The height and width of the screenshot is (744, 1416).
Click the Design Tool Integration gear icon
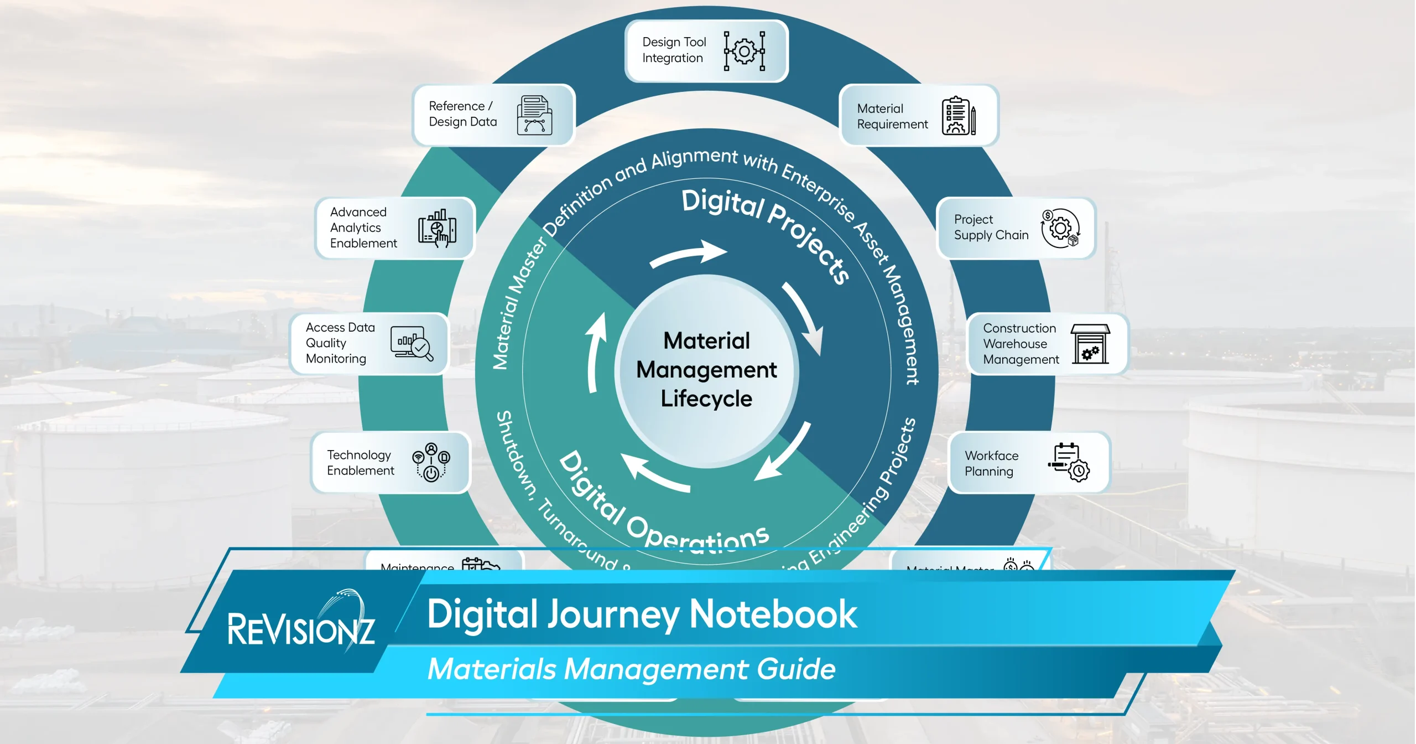pos(745,51)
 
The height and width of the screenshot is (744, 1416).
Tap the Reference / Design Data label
pos(462,114)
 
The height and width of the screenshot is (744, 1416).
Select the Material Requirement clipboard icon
pos(958,116)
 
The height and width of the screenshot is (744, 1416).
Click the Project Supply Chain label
pos(991,228)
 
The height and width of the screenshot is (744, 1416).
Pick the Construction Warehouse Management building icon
pos(1090,344)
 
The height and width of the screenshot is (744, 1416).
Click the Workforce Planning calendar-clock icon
pos(1069,462)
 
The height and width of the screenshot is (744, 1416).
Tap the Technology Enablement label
pos(360,463)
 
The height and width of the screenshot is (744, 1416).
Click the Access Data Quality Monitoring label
pos(340,343)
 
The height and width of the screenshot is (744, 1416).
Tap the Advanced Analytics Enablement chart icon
pos(437,228)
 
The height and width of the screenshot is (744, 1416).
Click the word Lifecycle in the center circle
pos(706,399)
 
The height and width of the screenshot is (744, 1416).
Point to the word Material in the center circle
pos(706,341)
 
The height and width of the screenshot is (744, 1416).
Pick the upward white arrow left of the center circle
pos(595,352)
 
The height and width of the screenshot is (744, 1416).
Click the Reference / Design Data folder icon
pos(534,115)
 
